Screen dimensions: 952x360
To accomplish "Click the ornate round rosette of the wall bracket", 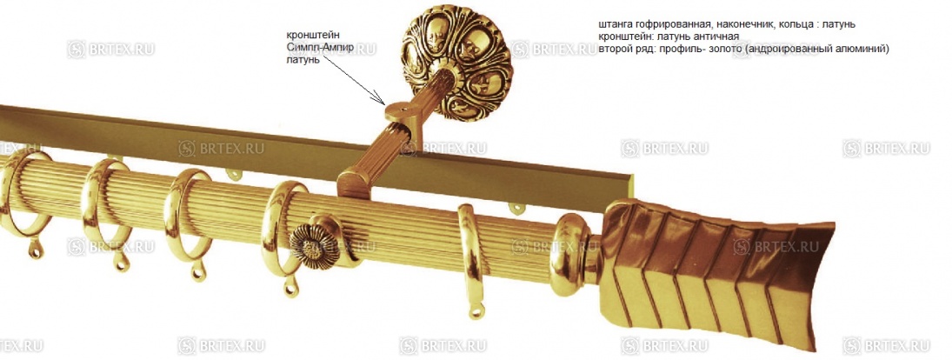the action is point(457,62).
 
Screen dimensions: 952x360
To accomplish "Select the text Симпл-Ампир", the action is point(319,47).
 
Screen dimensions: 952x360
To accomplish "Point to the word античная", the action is point(716,37).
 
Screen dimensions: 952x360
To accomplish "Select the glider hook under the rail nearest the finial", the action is point(516,208).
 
